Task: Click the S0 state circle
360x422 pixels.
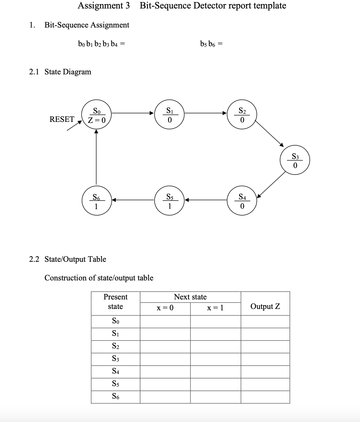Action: click(97, 115)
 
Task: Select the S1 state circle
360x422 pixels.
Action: click(169, 115)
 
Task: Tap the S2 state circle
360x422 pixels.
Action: click(242, 115)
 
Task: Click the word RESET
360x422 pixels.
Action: click(62, 119)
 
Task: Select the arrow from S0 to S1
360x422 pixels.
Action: click(133, 113)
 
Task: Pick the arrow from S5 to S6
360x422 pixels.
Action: click(133, 200)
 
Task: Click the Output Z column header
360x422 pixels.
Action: click(265, 306)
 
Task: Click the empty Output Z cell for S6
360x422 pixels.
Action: click(265, 397)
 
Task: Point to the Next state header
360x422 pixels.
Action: click(190, 297)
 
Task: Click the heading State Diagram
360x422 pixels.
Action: click(68, 72)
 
